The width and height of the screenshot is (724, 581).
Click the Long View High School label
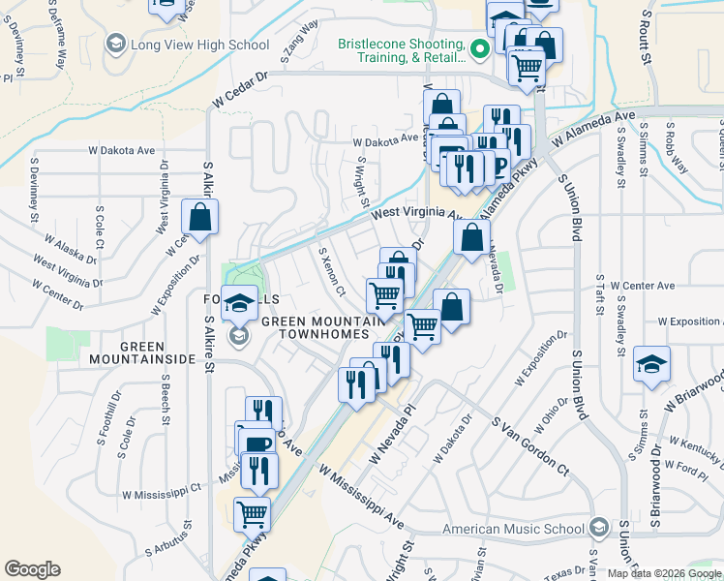click(x=199, y=45)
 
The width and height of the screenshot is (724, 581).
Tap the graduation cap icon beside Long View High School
click(x=116, y=44)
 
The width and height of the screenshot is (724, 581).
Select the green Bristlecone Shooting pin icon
click(x=478, y=48)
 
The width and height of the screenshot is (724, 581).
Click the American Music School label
click(x=513, y=529)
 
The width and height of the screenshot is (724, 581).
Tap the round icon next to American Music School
click(x=598, y=528)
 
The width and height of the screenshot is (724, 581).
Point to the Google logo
click(x=32, y=570)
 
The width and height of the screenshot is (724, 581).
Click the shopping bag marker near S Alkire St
click(x=199, y=219)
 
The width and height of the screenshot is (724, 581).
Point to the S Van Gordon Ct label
click(x=529, y=444)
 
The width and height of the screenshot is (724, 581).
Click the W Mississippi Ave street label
click(x=362, y=497)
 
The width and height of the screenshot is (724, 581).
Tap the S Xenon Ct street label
click(x=332, y=270)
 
